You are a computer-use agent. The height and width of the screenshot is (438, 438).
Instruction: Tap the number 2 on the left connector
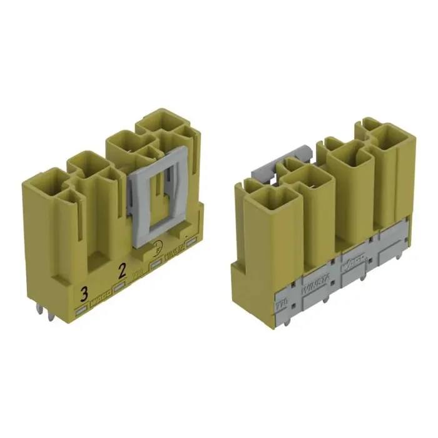click(122, 271)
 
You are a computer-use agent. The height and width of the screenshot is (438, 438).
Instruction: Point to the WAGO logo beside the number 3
click(100, 301)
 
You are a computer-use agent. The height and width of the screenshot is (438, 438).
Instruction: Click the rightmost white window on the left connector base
click(191, 243)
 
